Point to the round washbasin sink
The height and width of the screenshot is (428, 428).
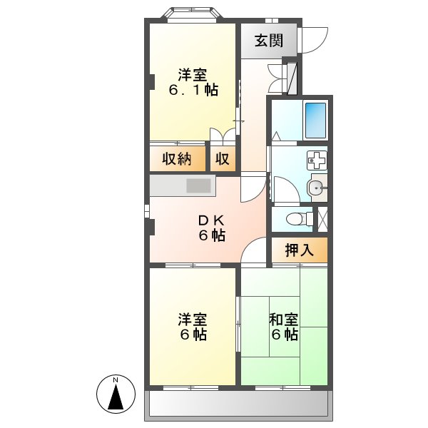pyautogui.click(x=316, y=188)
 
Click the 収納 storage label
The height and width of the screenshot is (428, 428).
pyautogui.click(x=176, y=159)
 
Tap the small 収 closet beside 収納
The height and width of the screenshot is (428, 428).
pyautogui.click(x=223, y=159)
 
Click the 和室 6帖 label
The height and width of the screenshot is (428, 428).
pyautogui.click(x=283, y=327)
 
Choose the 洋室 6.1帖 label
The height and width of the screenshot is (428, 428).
pyautogui.click(x=193, y=82)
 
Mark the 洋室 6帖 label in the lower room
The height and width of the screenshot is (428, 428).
pyautogui.click(x=193, y=327)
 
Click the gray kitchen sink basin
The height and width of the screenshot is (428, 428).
pyautogui.click(x=199, y=187)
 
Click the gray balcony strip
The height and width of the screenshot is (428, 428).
pyautogui.click(x=238, y=406)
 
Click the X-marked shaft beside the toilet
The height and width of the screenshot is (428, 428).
pyautogui.click(x=321, y=218)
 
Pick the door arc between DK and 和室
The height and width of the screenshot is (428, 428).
pyautogui.click(x=253, y=250)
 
